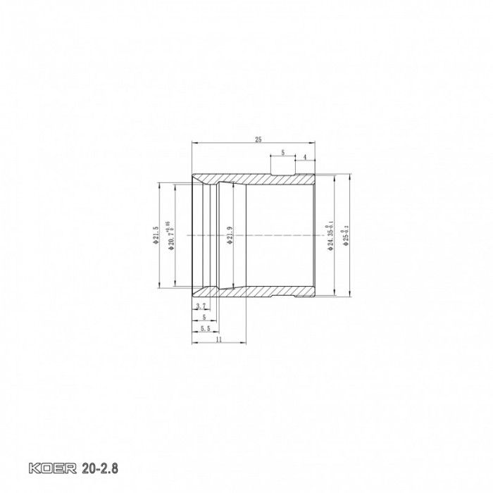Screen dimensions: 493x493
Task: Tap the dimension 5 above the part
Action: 282,151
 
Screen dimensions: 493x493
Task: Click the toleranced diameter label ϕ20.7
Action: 170,235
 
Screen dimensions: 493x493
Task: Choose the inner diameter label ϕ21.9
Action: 230,235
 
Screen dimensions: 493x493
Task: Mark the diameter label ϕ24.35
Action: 329,236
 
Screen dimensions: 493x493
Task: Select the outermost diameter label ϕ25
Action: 344,236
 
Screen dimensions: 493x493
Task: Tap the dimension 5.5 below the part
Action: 205,327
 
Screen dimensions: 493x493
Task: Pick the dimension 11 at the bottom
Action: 218,339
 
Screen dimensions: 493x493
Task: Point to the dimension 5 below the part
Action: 204,317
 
